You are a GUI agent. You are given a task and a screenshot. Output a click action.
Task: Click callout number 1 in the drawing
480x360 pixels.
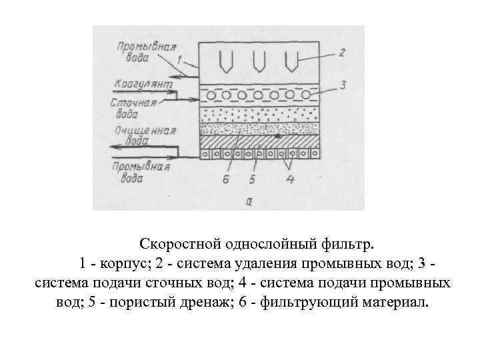pyautogui.click(x=179, y=60)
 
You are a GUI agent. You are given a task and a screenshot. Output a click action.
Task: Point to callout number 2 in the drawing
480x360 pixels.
pyautogui.click(x=341, y=52)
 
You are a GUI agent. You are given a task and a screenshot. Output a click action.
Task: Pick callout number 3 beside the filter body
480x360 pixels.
pyautogui.click(x=341, y=85)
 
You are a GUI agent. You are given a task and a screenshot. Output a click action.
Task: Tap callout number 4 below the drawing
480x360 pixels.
pyautogui.click(x=291, y=179)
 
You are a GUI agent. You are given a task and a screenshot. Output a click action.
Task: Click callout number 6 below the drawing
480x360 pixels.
pyautogui.click(x=226, y=179)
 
